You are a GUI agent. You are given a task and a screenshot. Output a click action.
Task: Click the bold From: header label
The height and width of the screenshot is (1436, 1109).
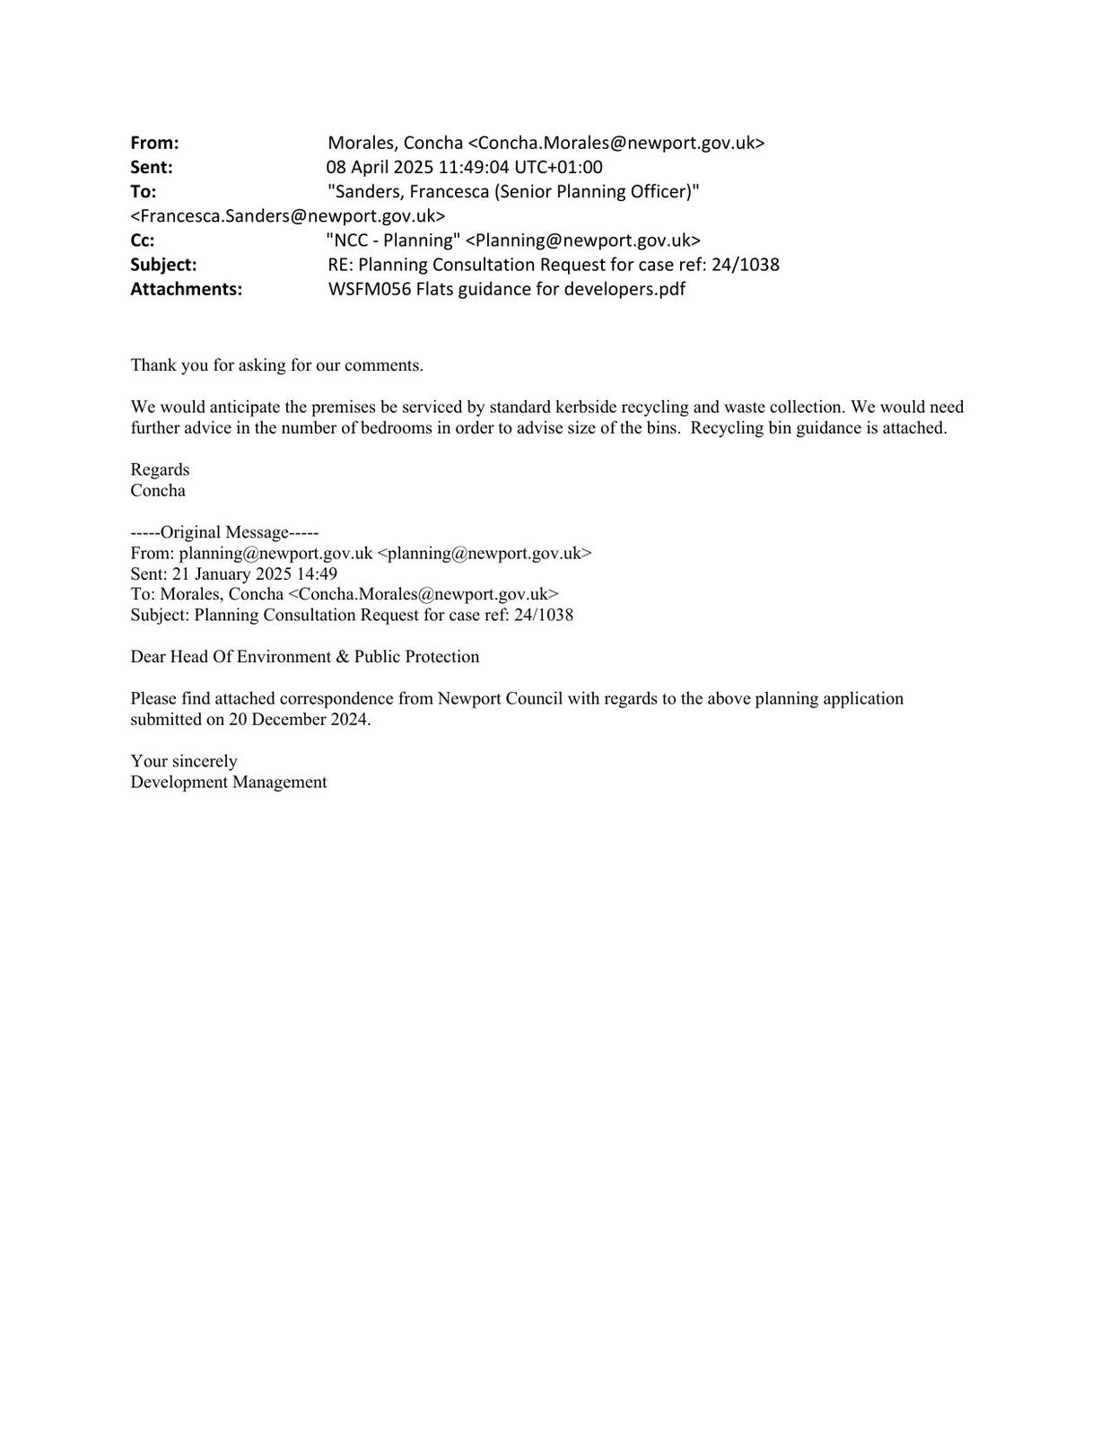[154, 143]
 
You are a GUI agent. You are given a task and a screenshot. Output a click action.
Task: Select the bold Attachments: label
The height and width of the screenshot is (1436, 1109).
[186, 289]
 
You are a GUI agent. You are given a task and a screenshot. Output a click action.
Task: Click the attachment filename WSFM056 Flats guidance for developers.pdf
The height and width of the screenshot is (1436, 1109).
[506, 289]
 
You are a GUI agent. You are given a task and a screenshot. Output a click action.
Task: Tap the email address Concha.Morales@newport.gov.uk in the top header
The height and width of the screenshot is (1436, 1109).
[616, 143]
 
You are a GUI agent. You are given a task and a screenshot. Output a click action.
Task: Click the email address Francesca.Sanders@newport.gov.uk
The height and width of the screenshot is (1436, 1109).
[287, 215]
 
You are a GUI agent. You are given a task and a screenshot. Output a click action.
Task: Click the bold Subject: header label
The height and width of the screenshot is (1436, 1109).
[163, 265]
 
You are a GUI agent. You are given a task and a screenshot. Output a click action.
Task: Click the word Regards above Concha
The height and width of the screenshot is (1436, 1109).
[160, 469]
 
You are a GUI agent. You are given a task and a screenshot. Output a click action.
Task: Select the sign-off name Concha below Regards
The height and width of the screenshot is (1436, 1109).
[158, 490]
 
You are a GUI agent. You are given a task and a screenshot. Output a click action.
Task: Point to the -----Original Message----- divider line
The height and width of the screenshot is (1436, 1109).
[224, 532]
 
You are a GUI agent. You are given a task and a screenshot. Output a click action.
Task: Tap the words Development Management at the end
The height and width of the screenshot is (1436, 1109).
[228, 782]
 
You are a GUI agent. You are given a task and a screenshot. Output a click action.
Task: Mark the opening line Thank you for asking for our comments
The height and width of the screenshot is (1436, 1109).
[276, 365]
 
